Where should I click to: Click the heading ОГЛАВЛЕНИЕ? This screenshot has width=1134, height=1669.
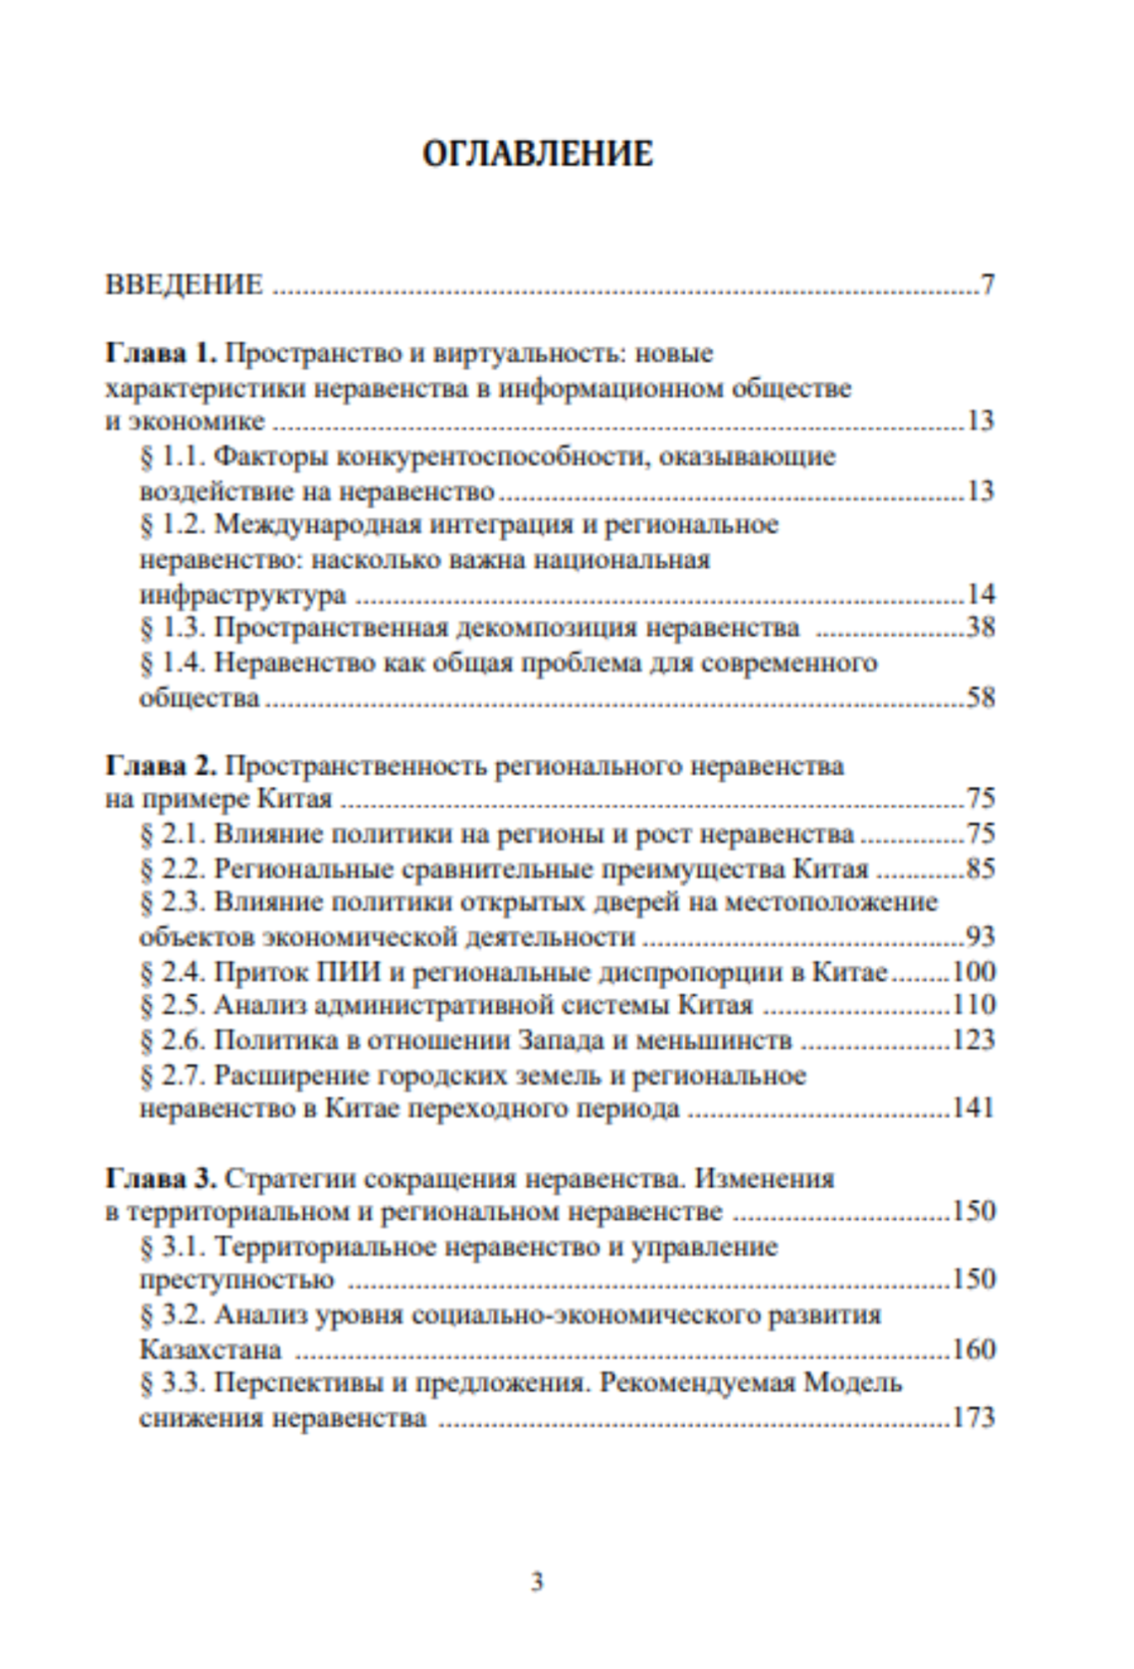pyautogui.click(x=538, y=154)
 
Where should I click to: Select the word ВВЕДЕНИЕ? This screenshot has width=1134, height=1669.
pyautogui.click(x=184, y=285)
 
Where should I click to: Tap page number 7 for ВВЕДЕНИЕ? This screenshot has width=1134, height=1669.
pyautogui.click(x=987, y=285)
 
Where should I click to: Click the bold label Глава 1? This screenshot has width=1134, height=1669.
pyautogui.click(x=160, y=353)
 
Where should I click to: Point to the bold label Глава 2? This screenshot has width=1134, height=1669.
pyautogui.click(x=160, y=765)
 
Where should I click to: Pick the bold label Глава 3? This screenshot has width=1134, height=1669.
pyautogui.click(x=160, y=1177)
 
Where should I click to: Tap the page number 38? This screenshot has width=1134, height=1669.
pyautogui.click(x=981, y=628)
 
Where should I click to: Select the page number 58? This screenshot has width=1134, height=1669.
pyautogui.click(x=981, y=698)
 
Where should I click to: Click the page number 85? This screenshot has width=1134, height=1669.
pyautogui.click(x=981, y=868)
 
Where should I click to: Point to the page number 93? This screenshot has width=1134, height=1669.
pyautogui.click(x=981, y=937)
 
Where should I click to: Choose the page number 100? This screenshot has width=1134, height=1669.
pyautogui.click(x=974, y=971)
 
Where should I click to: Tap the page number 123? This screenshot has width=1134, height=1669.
pyautogui.click(x=974, y=1040)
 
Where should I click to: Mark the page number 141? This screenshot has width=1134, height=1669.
pyautogui.click(x=974, y=1108)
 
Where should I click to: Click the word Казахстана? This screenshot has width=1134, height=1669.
pyautogui.click(x=210, y=1350)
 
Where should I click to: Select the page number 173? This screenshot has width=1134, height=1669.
pyautogui.click(x=974, y=1418)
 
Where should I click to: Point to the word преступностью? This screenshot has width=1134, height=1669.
pyautogui.click(x=237, y=1280)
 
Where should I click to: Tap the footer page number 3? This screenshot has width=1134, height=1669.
pyautogui.click(x=538, y=1582)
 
